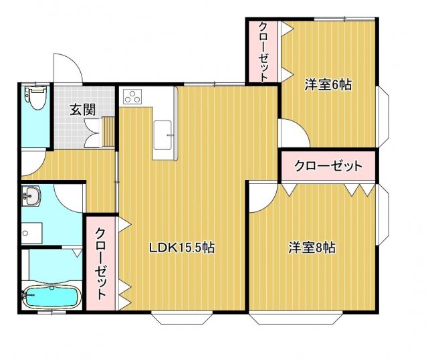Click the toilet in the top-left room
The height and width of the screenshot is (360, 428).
click(36, 98)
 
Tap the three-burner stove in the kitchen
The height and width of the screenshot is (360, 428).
click(132, 97)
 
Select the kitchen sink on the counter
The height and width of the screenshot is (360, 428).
click(163, 135)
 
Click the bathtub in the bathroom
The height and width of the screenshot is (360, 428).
click(51, 297)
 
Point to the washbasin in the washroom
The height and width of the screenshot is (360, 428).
click(31, 195)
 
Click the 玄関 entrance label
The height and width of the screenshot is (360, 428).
click(82, 110)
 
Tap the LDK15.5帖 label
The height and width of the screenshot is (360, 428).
click(181, 248)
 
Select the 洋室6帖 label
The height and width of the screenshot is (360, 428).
click(328, 85)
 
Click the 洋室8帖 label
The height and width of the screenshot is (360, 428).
click(312, 248)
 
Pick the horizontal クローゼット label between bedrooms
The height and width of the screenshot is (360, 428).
click(328, 165)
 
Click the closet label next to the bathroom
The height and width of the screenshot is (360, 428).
click(100, 264)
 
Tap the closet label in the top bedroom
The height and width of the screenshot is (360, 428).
click(263, 52)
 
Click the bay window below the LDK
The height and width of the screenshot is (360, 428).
click(182, 318)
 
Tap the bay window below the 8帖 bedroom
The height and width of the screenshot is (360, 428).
click(296, 318)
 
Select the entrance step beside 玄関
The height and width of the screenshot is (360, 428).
click(108, 131)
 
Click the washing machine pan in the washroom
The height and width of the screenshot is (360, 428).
click(31, 233)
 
